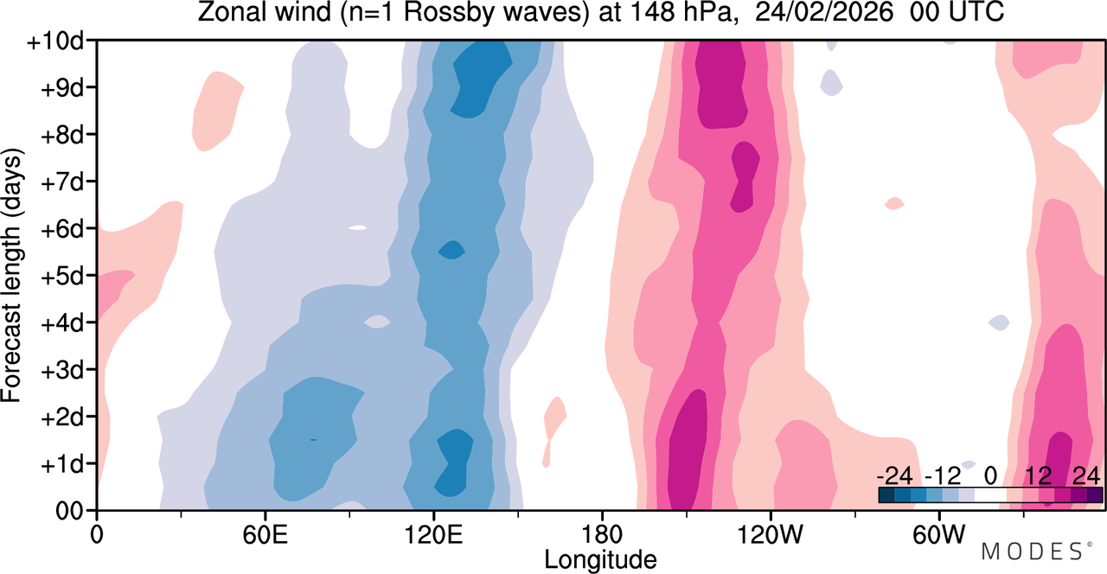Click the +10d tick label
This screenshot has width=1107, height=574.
[x=54, y=41]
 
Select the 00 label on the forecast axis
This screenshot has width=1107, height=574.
[x=69, y=512]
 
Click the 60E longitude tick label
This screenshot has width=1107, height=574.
[x=265, y=534]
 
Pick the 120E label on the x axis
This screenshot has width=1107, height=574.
[x=433, y=534]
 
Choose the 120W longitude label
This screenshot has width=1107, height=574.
[x=771, y=534]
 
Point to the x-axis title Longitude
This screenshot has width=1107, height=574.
[x=600, y=560]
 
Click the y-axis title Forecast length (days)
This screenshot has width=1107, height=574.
[x=12, y=276]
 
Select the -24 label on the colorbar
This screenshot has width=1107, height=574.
[x=894, y=476]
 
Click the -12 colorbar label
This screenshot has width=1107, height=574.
[x=943, y=476]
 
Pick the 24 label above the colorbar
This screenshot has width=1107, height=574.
[x=1087, y=476]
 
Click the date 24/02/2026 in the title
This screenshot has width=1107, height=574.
[x=824, y=12]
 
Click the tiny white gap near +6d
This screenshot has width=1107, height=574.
[x=358, y=227]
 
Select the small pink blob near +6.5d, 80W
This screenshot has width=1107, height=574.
[x=894, y=203]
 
